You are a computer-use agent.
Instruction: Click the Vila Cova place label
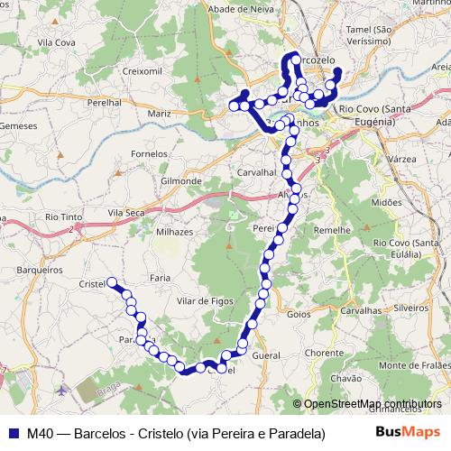(x=52, y=41)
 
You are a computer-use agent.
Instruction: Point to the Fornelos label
(x=149, y=153)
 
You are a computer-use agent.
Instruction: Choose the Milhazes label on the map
(x=174, y=232)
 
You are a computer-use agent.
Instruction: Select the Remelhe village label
(x=331, y=231)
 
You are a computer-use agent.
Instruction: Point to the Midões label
(x=385, y=203)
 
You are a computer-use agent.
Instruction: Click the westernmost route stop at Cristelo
(x=112, y=281)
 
